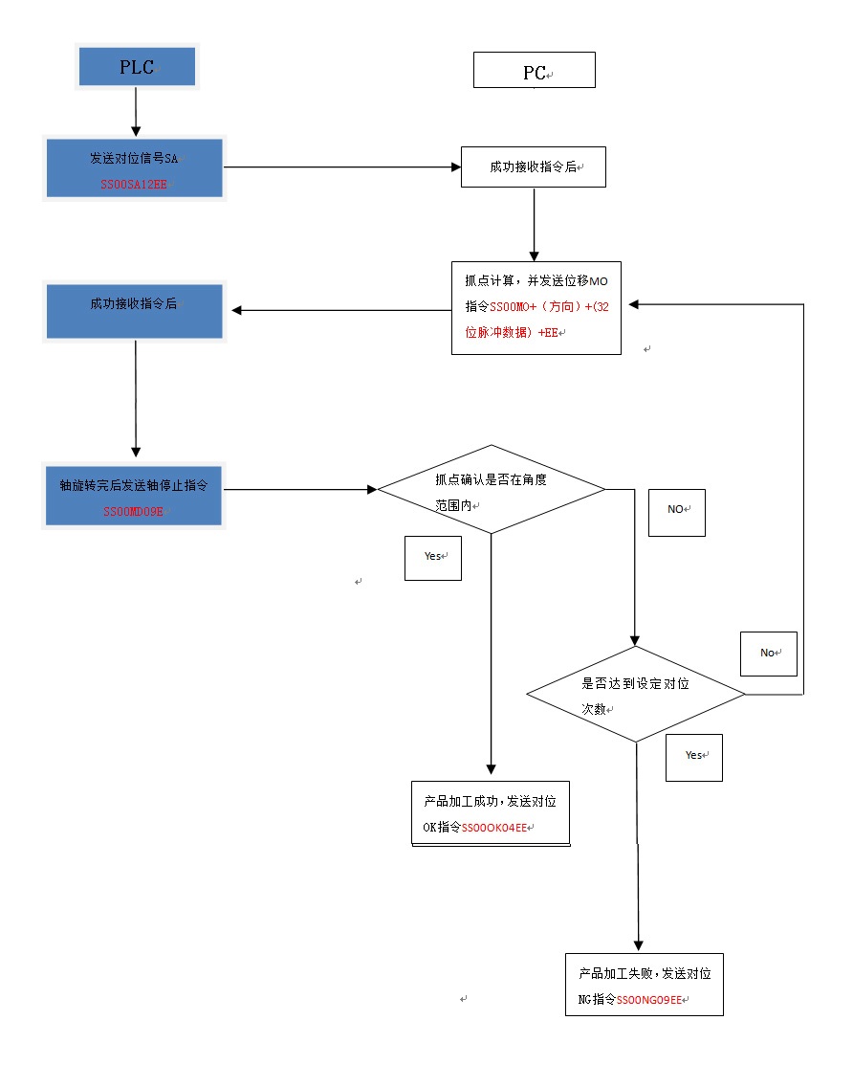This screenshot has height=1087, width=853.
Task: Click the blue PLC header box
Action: (x=136, y=67)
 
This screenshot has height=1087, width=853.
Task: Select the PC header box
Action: (x=535, y=71)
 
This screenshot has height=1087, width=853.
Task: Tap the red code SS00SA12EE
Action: (x=134, y=184)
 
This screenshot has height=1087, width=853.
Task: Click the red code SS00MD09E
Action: (x=134, y=512)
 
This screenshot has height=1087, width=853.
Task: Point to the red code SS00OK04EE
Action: (x=493, y=828)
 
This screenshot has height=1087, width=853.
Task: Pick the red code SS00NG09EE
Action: (x=648, y=1000)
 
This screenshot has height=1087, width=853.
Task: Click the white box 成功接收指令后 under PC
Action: (x=533, y=166)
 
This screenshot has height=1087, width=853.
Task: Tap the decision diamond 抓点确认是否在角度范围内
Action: (x=492, y=490)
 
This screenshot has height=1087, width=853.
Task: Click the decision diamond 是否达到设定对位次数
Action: (x=636, y=696)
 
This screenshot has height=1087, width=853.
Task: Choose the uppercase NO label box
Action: (x=677, y=510)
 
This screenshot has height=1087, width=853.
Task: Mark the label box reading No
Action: (x=768, y=653)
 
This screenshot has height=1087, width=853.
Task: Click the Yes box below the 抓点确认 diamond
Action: (x=433, y=556)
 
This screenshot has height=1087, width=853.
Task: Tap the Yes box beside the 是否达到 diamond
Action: (x=693, y=756)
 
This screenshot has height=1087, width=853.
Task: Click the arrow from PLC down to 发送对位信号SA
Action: (x=136, y=113)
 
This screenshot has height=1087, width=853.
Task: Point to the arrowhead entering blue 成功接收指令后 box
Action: (x=237, y=310)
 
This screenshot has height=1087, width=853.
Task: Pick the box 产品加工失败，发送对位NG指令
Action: (x=644, y=984)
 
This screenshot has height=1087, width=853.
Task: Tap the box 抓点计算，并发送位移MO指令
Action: (x=536, y=307)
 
